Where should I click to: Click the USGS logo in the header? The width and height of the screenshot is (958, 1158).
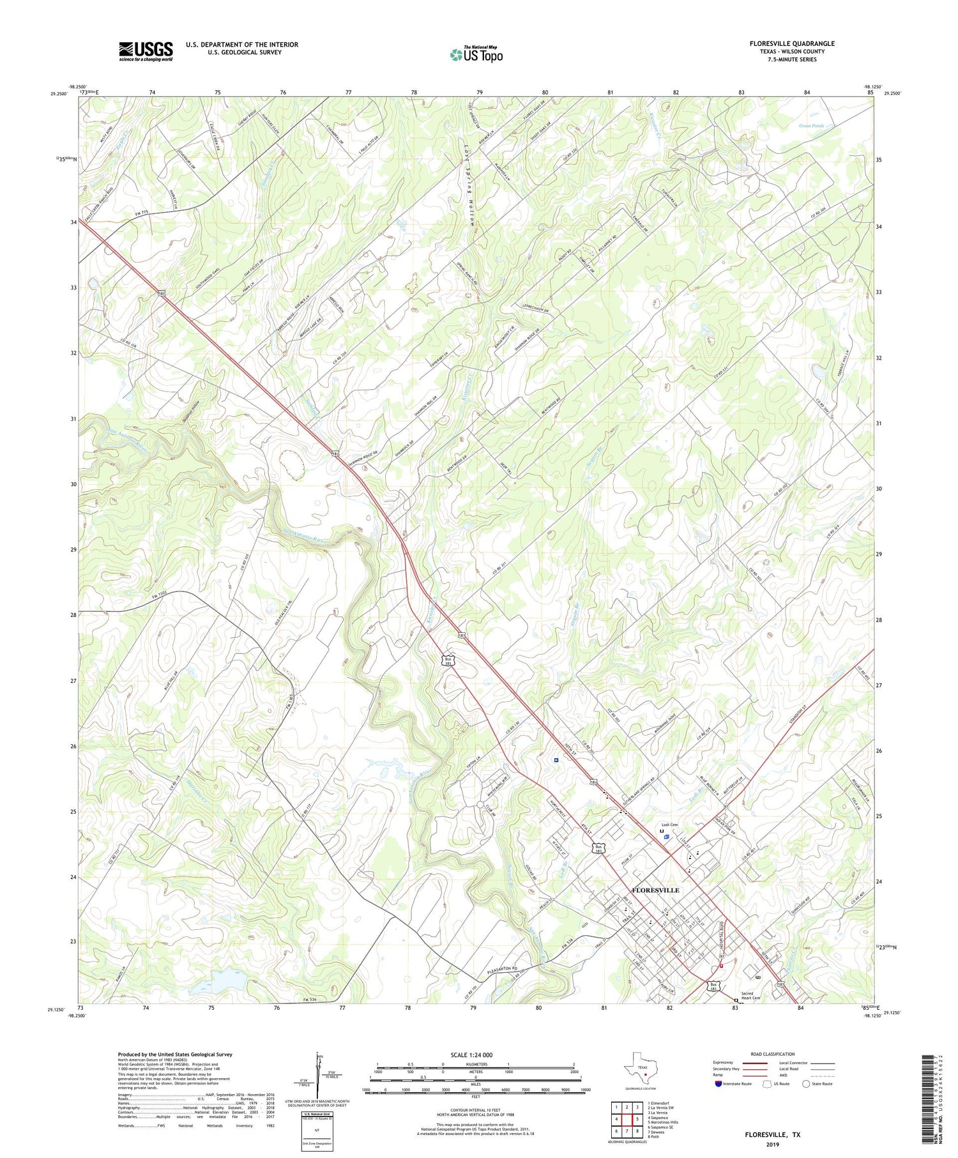point(146,51)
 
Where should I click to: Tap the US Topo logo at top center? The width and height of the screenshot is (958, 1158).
point(476,55)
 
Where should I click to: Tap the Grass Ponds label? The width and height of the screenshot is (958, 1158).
point(811,126)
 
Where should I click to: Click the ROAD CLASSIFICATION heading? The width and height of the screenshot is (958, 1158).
point(773,1054)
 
